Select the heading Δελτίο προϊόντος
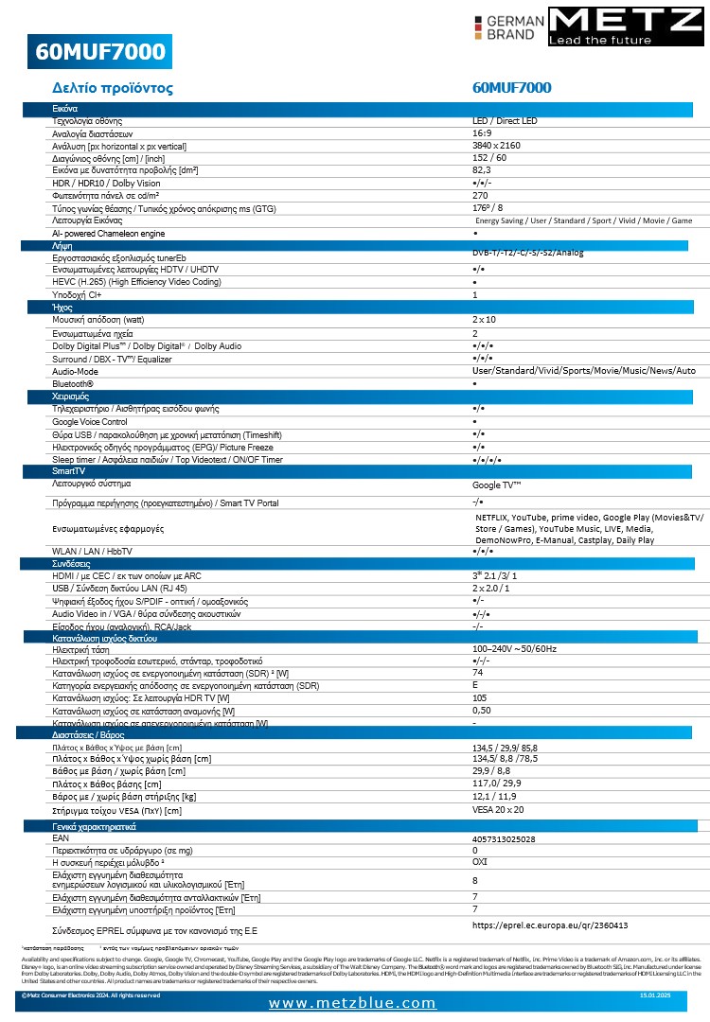coord(113,88)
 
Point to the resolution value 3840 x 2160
coord(496,146)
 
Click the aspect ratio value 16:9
coord(481,133)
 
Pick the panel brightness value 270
coord(480,195)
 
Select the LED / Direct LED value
coord(505,121)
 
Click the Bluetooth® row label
coord(80,383)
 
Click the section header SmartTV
coord(68,470)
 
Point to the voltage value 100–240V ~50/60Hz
coord(516,648)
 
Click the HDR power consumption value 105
coord(480,697)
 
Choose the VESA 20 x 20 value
coord(498,810)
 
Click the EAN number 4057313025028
coord(503,838)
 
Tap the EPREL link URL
coord(550,925)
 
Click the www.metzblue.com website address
coord(352,1003)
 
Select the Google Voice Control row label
coord(89,421)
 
